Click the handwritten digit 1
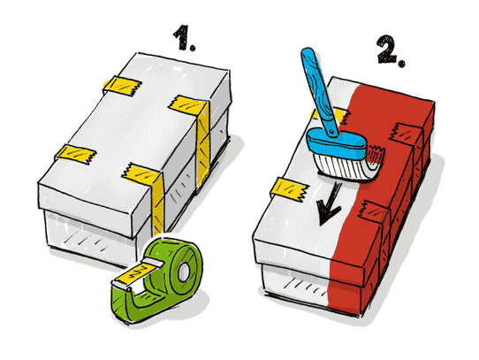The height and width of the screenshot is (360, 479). (x=182, y=36)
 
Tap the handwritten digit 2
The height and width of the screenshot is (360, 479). (x=387, y=49)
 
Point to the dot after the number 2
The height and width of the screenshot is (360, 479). (x=402, y=64)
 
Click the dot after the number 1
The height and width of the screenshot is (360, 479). (x=192, y=48)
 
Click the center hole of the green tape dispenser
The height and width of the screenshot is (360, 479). (x=184, y=271)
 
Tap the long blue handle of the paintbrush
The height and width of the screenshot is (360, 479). (x=320, y=91)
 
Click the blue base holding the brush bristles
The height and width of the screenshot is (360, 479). (x=336, y=143)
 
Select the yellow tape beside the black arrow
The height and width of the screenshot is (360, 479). (x=289, y=188)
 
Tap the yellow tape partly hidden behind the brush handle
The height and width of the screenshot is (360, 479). (x=330, y=115)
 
